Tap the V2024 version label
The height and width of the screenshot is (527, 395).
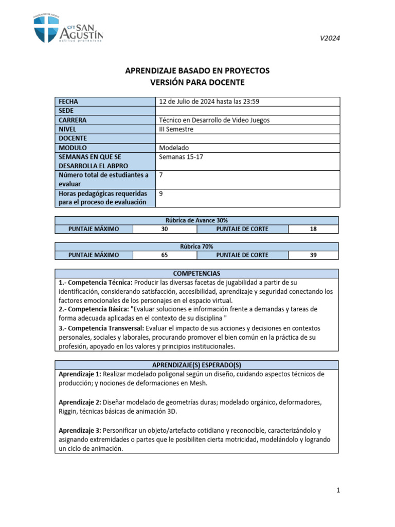pyautogui.click(x=330, y=38)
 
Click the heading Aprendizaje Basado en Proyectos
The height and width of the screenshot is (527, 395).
pyautogui.click(x=197, y=71)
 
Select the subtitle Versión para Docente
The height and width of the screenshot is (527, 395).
pyautogui.click(x=197, y=82)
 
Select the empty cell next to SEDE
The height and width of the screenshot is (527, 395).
pyautogui.click(x=247, y=111)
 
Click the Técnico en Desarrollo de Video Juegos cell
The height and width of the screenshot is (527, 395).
pyautogui.click(x=214, y=120)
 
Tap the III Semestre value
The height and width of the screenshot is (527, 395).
pyautogui.click(x=176, y=129)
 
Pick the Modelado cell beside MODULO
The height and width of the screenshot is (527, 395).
pyautogui.click(x=174, y=148)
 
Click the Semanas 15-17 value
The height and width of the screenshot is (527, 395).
pyautogui.click(x=181, y=157)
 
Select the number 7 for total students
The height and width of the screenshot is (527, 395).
pyautogui.click(x=161, y=175)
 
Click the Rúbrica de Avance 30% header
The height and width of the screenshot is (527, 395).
pyautogui.click(x=197, y=220)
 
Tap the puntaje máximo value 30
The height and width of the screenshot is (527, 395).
pyautogui.click(x=165, y=229)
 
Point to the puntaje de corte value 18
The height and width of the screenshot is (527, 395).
pyautogui.click(x=313, y=229)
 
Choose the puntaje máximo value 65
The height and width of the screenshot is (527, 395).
pyautogui.click(x=165, y=255)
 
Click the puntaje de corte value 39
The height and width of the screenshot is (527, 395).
pyautogui.click(x=313, y=255)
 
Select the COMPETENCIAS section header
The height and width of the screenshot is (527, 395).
pyautogui.click(x=197, y=273)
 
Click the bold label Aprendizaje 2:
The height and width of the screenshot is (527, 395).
pyautogui.click(x=80, y=401)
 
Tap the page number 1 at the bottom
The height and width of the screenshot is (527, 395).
pyautogui.click(x=338, y=490)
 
